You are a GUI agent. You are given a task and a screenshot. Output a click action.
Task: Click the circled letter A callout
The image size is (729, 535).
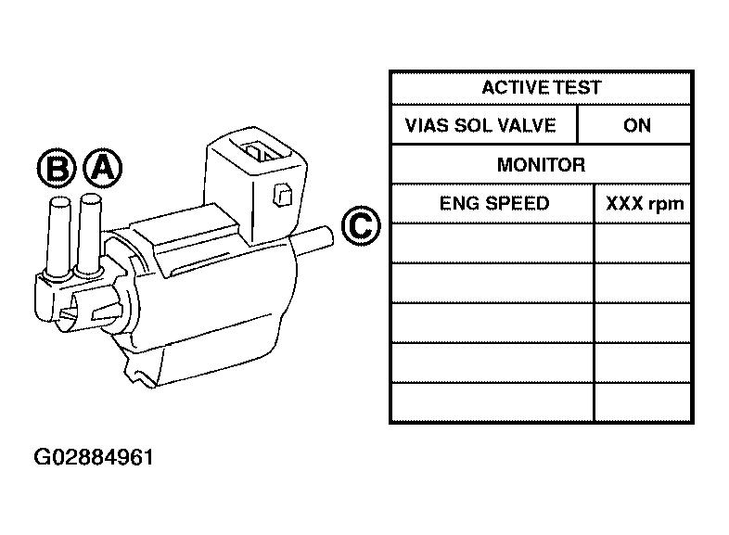click(x=102, y=167)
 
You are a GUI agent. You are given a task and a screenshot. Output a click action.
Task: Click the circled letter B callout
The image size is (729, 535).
click(x=56, y=168)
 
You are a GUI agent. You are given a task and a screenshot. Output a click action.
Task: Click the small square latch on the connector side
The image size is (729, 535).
click(x=285, y=195)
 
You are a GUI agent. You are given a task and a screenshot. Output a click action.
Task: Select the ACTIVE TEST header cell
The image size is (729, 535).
click(x=541, y=88)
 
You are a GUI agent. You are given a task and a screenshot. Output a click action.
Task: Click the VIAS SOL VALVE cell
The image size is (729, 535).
click(x=482, y=125)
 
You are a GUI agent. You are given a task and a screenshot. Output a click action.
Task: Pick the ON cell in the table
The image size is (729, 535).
click(x=636, y=125)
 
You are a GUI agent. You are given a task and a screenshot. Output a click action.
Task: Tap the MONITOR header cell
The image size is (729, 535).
click(x=541, y=165)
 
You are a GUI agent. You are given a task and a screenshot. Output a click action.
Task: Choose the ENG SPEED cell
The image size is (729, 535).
click(x=492, y=203)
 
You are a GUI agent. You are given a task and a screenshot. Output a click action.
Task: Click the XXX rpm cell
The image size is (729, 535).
click(x=644, y=203)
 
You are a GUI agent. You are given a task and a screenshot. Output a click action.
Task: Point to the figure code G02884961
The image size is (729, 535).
click(x=94, y=457)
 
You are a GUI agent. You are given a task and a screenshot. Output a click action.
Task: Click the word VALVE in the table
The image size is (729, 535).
click(x=529, y=125)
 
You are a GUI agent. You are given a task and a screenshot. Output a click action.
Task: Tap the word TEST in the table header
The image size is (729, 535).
click(x=579, y=88)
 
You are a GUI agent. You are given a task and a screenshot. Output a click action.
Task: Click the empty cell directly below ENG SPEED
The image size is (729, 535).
click(x=492, y=243)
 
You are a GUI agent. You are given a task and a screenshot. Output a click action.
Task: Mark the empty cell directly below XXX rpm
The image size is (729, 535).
click(x=644, y=243)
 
